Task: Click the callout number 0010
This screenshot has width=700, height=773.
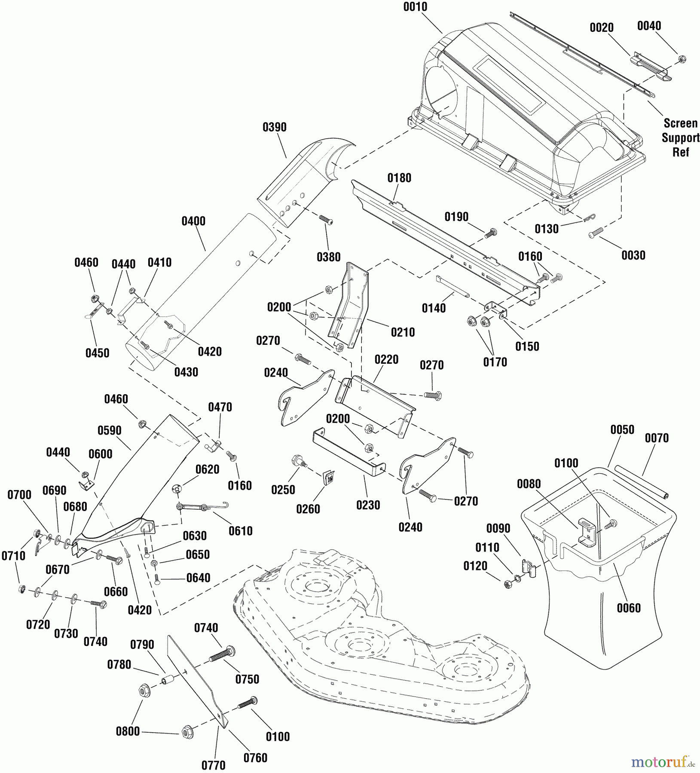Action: coord(415,7)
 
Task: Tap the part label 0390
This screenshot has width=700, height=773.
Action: coord(274,128)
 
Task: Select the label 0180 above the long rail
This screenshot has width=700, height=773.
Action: coord(399,178)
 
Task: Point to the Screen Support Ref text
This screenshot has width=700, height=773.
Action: coord(680,138)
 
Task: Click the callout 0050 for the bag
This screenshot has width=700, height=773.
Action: coord(622,430)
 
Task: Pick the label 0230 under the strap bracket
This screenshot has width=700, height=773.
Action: coord(368,505)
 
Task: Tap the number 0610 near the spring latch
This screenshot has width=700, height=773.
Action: coord(240,531)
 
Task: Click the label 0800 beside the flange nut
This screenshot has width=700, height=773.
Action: coord(128,731)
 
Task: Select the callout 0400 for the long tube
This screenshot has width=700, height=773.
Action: coord(193,222)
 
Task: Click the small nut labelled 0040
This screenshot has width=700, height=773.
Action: coord(682,59)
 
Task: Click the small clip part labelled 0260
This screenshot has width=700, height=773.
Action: coord(330,476)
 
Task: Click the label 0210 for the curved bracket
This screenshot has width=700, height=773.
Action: coord(403,332)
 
